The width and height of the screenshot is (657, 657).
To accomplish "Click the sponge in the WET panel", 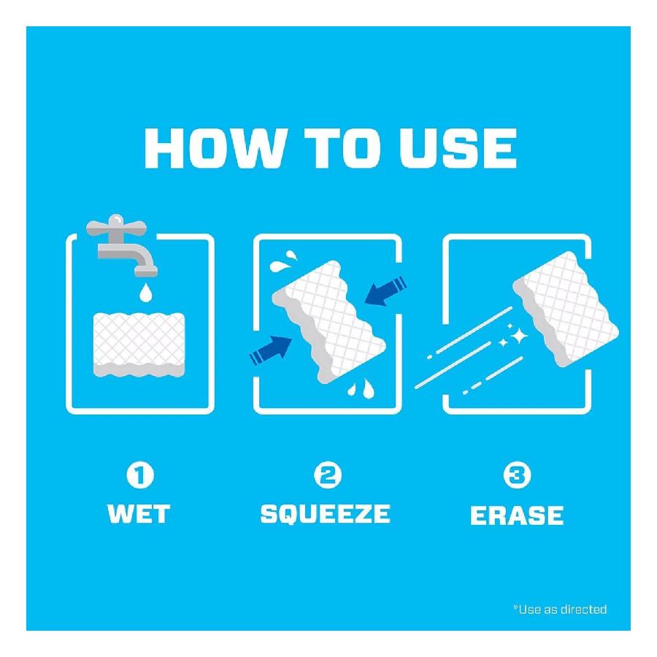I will point(139,345).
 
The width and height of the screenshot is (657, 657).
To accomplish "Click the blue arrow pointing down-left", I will point(384,290).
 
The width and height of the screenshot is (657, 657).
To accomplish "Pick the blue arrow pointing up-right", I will point(272,349).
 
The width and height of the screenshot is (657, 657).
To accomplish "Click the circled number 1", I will point(140,477).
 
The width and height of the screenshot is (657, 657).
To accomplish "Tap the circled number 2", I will point(326,477).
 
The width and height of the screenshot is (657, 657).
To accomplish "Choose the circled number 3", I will point(517,477).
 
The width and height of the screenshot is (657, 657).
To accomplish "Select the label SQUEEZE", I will point(326,514).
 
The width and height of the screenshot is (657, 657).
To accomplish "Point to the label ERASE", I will point(517,515).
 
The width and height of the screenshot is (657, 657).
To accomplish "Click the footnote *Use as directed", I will point(560,609).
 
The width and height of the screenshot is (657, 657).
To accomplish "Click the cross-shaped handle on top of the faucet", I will point(115,225).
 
